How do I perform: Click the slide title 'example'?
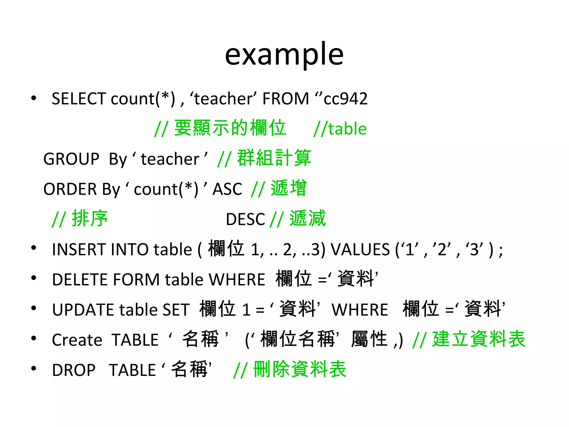point(284,54)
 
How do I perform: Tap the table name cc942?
point(346,99)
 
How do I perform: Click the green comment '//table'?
point(340,129)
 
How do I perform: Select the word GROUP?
point(71,159)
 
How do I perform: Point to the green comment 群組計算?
point(274,158)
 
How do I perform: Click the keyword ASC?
point(227,189)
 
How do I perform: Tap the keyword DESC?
point(245,219)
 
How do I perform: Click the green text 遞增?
point(289,188)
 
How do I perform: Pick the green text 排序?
point(89,219)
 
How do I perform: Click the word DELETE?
point(80,279)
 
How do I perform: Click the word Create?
point(77,340)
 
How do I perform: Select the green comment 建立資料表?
point(479,339)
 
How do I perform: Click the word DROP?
point(74,370)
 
